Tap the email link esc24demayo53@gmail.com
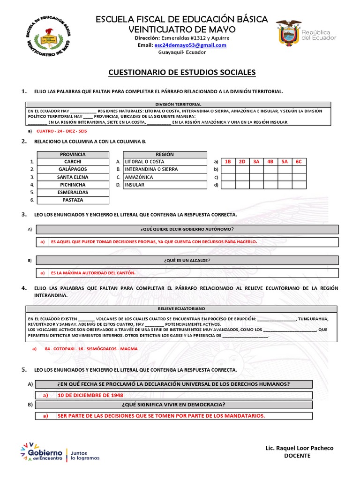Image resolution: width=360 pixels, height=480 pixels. point(190,45)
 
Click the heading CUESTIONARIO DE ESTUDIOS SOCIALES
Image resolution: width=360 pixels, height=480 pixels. point(182,72)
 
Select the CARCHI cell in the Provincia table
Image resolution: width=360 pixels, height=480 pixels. point(73,162)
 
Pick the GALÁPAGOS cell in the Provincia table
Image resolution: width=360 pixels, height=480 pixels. point(73,169)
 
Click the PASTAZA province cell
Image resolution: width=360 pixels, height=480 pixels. point(73,200)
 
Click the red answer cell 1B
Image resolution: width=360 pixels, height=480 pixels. point(228,162)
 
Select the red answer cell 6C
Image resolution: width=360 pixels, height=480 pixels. point(299,162)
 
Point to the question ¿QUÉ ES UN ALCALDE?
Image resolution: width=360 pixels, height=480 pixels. point(187,260)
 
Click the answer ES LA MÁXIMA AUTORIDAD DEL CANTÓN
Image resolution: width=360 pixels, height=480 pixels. point(93,272)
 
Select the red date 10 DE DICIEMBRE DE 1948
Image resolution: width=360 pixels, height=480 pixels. point(90,395)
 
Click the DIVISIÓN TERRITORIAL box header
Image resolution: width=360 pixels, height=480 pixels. point(178,104)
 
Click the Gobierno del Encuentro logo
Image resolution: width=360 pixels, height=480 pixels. point(60,452)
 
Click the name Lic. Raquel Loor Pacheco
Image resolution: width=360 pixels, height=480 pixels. point(299,448)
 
